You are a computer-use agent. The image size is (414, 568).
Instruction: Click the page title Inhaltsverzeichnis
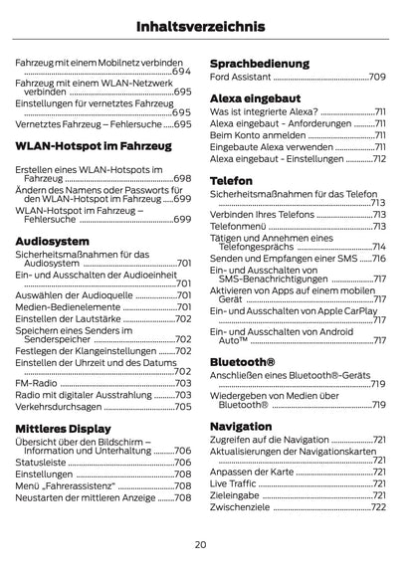click(206, 26)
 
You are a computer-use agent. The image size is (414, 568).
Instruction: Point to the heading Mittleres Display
click(77, 428)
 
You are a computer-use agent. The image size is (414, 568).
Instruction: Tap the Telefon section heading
click(232, 181)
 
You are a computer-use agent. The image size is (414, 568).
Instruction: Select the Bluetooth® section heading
click(243, 363)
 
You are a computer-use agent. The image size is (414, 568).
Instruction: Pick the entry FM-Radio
click(37, 383)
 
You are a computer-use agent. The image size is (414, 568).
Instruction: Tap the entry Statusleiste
click(43, 463)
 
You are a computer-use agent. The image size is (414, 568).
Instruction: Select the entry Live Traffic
click(235, 481)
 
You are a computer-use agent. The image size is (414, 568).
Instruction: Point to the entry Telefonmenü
click(238, 226)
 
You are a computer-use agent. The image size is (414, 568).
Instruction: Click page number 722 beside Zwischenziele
click(378, 506)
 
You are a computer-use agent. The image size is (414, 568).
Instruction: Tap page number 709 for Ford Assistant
click(377, 77)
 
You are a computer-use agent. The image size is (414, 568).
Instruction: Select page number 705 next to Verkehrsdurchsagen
click(183, 406)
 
